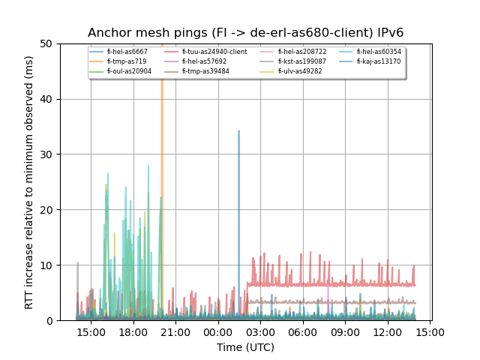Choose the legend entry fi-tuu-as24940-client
pos(214,52)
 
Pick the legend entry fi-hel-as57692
pos(204,61)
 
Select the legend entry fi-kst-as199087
pos(301,61)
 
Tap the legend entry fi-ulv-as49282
pos(299,71)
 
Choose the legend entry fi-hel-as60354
pos(379,52)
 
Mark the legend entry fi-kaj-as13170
pos(379,61)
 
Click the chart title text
pos(245,33)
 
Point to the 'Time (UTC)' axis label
pos(245,347)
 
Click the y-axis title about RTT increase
pos(29,182)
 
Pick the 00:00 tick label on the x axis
pos(218,332)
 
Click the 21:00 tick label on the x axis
pos(175,332)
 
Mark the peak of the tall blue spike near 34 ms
pos(238,131)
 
